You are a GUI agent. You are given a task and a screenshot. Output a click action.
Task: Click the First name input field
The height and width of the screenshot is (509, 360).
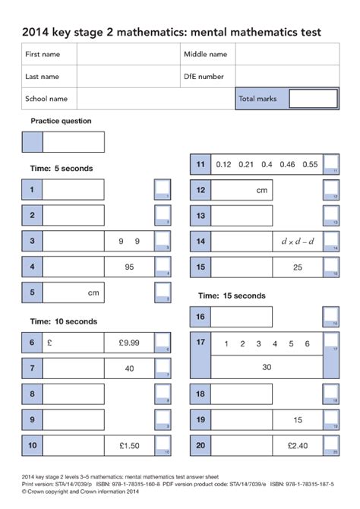(128, 55)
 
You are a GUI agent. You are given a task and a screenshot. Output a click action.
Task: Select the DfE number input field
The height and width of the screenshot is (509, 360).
(287, 77)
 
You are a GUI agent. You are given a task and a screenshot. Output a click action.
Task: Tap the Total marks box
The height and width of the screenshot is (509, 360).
(313, 99)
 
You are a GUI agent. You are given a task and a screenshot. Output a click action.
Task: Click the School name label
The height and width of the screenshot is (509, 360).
(46, 99)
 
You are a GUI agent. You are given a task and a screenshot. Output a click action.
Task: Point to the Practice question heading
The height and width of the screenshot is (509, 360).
(61, 121)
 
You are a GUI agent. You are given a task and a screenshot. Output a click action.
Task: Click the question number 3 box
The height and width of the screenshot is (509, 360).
(32, 242)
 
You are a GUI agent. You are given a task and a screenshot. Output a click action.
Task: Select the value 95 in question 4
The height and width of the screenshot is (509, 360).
(129, 267)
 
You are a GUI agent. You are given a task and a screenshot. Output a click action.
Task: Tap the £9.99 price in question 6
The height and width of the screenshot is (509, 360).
(129, 343)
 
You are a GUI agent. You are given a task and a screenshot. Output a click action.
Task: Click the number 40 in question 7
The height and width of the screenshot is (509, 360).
(129, 368)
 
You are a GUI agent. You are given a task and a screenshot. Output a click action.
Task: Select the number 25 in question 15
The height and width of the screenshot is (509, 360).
(298, 267)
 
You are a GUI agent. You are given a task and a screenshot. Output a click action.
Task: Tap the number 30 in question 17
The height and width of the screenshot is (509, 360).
(267, 367)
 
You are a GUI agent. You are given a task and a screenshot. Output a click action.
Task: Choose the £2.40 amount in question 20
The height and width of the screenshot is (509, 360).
(296, 445)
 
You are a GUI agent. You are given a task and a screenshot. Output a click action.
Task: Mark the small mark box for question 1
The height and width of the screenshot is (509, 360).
(163, 190)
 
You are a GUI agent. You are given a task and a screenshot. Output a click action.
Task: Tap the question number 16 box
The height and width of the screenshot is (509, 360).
(200, 317)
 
